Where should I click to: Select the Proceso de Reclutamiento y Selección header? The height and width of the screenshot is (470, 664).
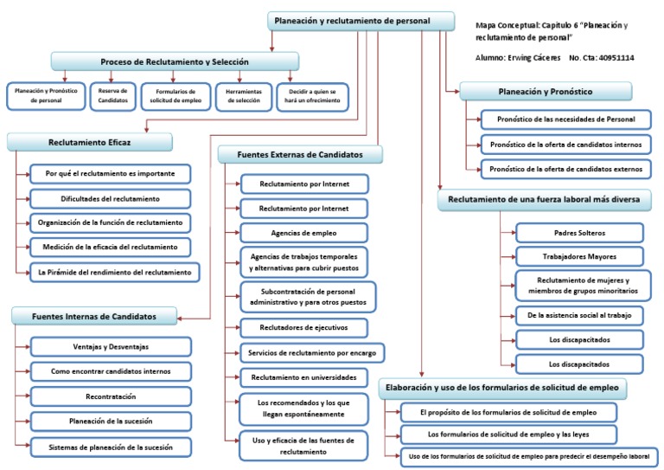[175, 61]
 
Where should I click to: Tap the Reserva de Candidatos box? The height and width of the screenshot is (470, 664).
[113, 95]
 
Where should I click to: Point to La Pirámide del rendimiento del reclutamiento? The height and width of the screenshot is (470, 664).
[113, 272]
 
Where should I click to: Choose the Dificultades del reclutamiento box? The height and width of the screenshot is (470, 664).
[110, 197]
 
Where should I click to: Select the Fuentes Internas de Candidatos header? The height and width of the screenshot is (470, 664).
[96, 316]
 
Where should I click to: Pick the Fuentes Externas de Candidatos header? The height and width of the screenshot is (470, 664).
[301, 154]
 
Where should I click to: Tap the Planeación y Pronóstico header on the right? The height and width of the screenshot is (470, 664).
[546, 89]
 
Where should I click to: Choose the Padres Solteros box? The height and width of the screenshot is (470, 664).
[578, 232]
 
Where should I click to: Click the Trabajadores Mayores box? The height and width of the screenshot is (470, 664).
[578, 255]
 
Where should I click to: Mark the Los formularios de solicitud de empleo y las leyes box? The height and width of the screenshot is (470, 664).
[509, 434]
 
